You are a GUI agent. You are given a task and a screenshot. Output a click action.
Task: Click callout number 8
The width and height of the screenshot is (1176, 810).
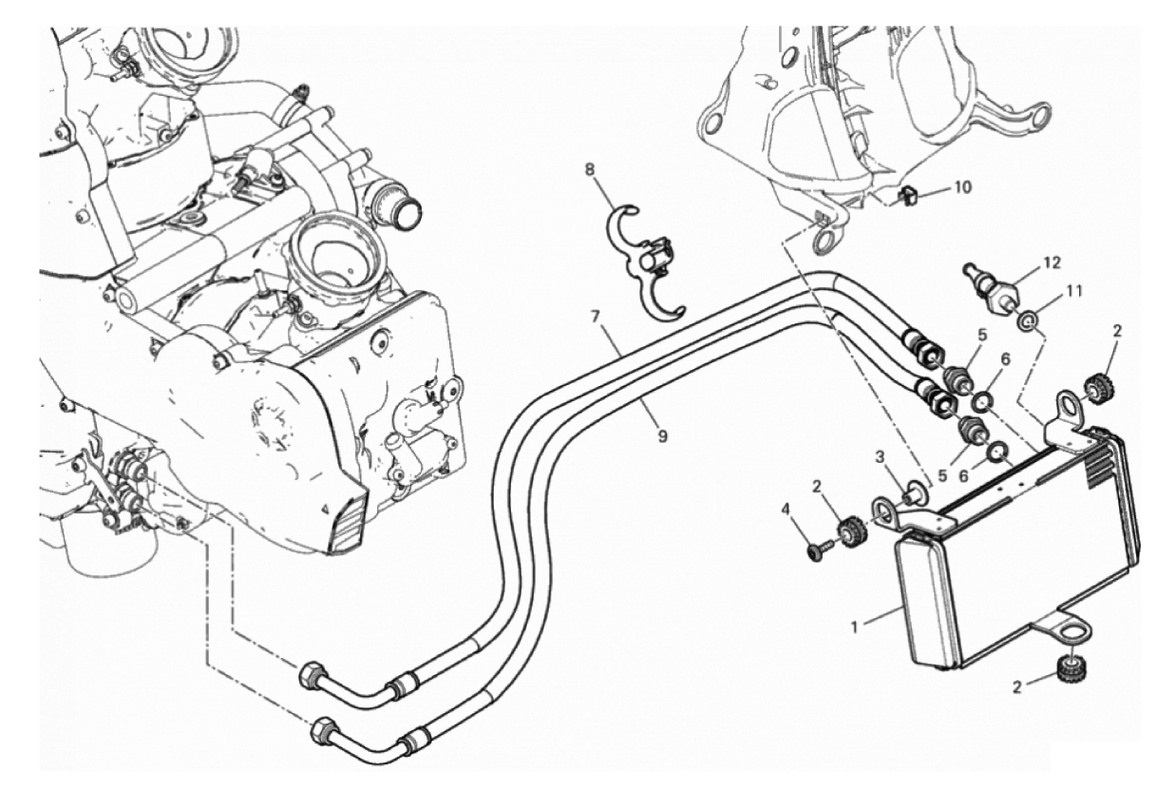click(x=591, y=169)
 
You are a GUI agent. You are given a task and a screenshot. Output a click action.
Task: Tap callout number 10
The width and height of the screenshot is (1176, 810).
click(x=963, y=187)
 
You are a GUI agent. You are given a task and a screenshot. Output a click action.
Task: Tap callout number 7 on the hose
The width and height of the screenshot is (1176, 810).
click(x=595, y=317)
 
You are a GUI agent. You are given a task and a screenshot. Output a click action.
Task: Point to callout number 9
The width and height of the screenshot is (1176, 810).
click(x=663, y=435)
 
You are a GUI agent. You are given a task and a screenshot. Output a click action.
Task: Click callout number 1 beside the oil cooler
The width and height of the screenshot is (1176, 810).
click(x=855, y=627)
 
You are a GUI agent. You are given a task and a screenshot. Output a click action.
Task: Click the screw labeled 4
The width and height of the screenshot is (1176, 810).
click(x=820, y=550)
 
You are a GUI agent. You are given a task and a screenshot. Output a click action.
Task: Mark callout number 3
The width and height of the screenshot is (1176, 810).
click(x=882, y=457)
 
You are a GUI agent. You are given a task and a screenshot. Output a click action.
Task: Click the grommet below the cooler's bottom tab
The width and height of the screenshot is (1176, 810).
click(x=1071, y=669)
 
